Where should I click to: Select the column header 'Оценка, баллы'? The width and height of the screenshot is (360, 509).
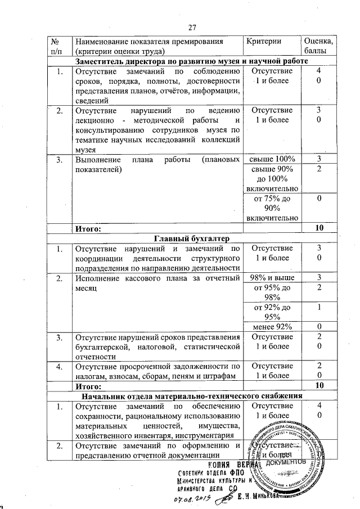[x=318, y=46]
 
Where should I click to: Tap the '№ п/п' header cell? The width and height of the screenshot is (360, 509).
[x=57, y=46]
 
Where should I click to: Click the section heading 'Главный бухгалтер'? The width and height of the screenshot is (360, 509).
[x=192, y=238]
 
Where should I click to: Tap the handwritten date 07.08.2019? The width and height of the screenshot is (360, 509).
[x=190, y=499]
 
